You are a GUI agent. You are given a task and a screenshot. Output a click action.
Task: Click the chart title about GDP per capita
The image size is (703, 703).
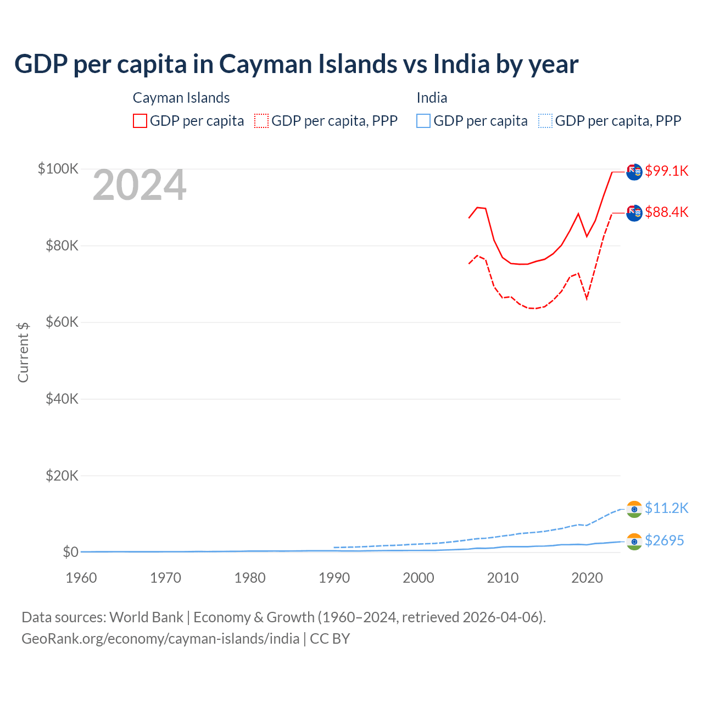(296, 64)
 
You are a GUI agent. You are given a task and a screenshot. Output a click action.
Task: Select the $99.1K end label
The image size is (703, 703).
(666, 171)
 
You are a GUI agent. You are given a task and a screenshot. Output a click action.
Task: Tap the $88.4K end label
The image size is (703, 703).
(666, 212)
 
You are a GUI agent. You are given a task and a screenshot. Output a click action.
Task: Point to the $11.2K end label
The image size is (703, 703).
(666, 508)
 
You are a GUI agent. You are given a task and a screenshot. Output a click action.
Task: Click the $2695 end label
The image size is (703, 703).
(664, 540)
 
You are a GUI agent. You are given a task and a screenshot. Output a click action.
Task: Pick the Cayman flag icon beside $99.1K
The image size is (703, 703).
(634, 171)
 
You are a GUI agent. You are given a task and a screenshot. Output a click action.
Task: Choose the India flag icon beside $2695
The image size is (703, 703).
(634, 542)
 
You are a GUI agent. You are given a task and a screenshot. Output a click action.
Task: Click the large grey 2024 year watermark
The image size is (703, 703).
(140, 186)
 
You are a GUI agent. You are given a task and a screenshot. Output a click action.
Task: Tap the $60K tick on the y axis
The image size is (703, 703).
(62, 322)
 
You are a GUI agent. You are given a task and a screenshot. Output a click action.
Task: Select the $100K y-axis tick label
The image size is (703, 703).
(58, 169)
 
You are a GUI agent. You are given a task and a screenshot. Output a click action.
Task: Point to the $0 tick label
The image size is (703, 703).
(70, 552)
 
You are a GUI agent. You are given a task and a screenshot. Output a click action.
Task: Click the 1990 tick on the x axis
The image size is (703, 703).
(334, 578)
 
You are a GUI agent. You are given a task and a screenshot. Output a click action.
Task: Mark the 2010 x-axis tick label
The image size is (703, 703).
(503, 578)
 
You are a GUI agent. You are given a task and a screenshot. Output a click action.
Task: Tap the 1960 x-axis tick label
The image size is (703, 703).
(81, 578)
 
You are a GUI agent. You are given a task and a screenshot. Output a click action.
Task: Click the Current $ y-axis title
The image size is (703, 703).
(23, 352)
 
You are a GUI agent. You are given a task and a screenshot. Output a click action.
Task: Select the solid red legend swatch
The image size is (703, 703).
(140, 121)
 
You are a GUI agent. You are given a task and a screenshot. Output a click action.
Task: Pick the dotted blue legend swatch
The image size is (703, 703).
(545, 121)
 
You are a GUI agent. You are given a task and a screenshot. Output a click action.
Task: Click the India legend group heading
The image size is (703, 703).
(432, 98)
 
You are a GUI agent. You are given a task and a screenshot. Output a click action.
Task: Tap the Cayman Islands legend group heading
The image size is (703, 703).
(181, 98)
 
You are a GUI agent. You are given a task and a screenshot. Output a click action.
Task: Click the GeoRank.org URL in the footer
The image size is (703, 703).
(160, 639)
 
